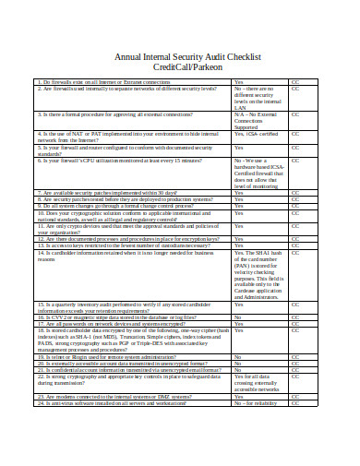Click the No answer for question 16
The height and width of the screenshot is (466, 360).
(x=238, y=317)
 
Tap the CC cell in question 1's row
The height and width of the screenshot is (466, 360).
(x=295, y=82)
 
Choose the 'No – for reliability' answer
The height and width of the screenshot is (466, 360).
(x=256, y=403)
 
